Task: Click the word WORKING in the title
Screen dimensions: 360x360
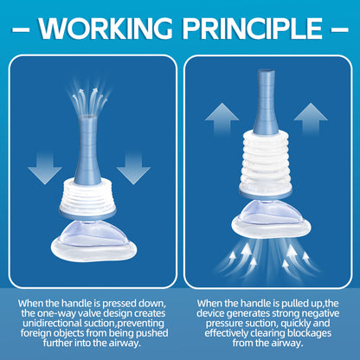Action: [106, 29]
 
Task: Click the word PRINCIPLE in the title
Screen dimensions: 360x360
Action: [253, 29]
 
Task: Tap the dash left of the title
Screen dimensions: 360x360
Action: [21, 29]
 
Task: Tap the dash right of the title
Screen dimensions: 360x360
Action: [339, 29]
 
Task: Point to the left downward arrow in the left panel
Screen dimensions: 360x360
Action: [45, 169]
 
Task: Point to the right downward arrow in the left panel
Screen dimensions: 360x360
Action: [133, 169]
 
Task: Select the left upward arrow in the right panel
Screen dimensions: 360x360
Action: [222, 119]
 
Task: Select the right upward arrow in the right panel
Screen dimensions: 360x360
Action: [311, 119]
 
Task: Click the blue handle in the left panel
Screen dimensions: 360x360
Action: [87, 150]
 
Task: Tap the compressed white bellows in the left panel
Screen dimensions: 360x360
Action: [87, 196]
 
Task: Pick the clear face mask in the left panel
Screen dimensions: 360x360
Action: [93, 241]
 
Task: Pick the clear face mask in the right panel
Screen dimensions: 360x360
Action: [271, 219]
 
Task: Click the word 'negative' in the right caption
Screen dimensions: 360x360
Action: [319, 313]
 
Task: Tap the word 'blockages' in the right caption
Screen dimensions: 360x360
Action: [309, 333]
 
